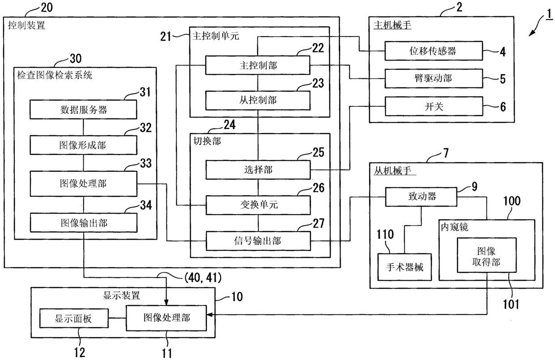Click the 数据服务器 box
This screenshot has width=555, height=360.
[83, 110]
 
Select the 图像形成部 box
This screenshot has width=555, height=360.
[83, 145]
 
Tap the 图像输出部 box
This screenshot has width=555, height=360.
[84, 223]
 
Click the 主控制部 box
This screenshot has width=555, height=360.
[258, 65]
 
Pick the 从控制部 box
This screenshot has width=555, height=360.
[258, 101]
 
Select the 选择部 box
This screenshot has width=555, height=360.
[258, 170]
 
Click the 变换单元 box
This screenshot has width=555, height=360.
[258, 205]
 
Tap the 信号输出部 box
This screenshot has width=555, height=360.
[258, 241]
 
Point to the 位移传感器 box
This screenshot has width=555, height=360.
[434, 51]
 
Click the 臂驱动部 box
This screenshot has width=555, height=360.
[434, 79]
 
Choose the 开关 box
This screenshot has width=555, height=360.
[434, 106]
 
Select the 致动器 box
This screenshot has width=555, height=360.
[421, 197]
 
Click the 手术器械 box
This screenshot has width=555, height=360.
[405, 267]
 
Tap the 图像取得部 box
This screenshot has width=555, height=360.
[487, 255]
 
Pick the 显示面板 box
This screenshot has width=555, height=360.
[74, 318]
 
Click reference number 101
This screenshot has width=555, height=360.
[511, 304]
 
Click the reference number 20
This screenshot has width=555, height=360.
[47, 8]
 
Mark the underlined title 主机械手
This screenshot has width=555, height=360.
[393, 25]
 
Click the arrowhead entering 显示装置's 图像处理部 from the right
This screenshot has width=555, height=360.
[209, 315]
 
